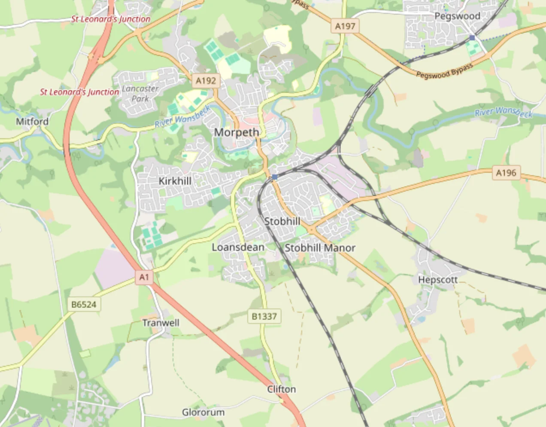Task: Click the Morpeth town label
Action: (237, 132)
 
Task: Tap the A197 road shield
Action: (345, 26)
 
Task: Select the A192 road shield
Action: (206, 80)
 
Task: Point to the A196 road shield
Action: (506, 173)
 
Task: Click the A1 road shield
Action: (144, 277)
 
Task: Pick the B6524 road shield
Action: (84, 305)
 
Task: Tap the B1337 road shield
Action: (264, 316)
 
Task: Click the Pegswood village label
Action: (457, 16)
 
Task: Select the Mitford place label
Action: (32, 122)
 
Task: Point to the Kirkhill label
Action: (175, 181)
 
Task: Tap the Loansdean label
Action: (238, 247)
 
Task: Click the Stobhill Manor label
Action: (320, 248)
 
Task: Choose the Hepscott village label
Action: (438, 280)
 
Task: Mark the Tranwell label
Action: (161, 323)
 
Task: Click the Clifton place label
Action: (282, 389)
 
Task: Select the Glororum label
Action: (203, 412)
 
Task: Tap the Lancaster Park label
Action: (140, 93)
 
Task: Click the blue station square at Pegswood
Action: (472, 38)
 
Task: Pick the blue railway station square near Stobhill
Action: (275, 177)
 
